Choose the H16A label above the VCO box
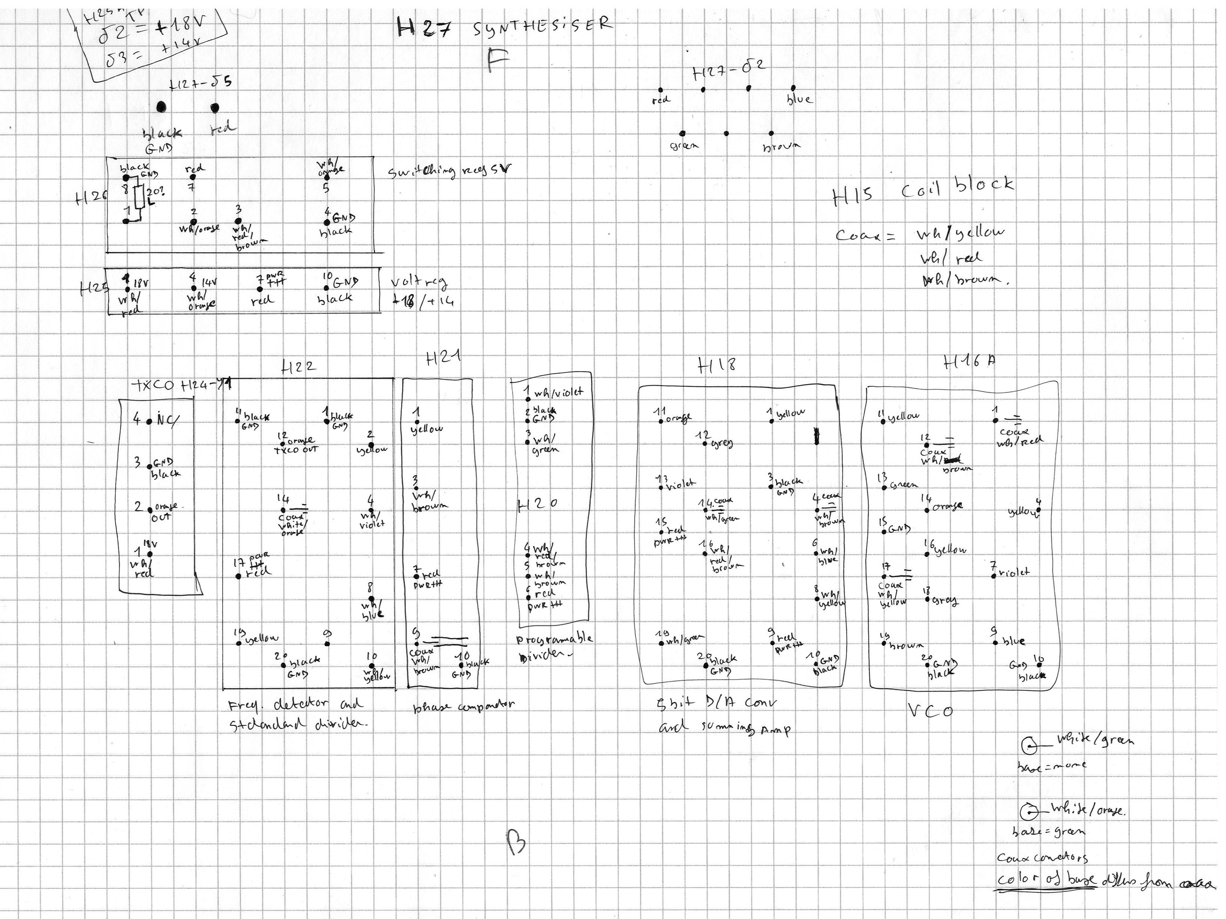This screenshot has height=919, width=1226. click(x=969, y=362)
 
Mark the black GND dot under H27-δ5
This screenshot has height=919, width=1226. click(x=161, y=107)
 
